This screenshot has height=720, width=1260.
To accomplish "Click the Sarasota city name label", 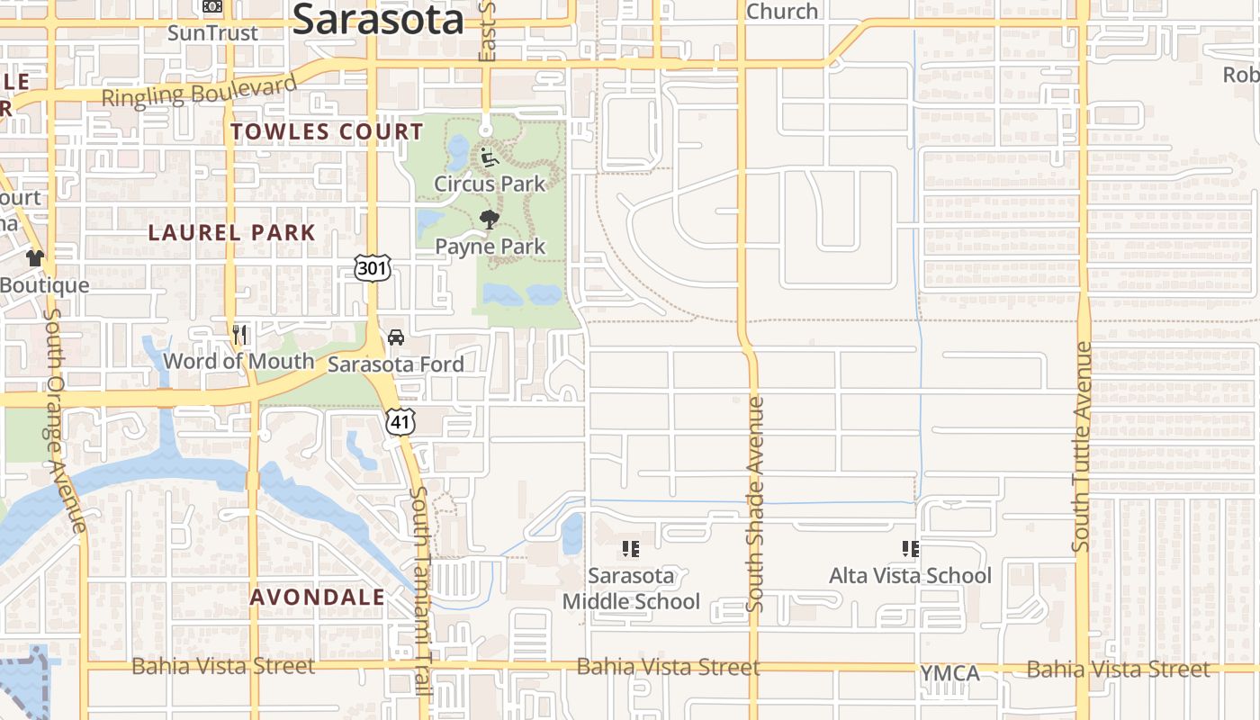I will pyautogui.click(x=378, y=18).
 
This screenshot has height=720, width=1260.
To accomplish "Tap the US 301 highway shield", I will pyautogui.click(x=373, y=267).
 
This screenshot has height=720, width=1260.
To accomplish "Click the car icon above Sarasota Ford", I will pyautogui.click(x=395, y=338).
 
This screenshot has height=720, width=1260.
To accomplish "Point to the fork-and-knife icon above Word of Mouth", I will pyautogui.click(x=239, y=336).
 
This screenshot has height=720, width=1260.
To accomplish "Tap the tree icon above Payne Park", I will pyautogui.click(x=490, y=220).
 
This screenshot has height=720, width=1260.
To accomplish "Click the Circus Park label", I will pyautogui.click(x=490, y=184).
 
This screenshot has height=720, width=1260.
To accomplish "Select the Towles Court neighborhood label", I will pyautogui.click(x=327, y=132).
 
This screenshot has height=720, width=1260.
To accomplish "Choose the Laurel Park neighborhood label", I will pyautogui.click(x=232, y=232).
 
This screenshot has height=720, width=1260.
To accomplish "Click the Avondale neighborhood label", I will pyautogui.click(x=318, y=597).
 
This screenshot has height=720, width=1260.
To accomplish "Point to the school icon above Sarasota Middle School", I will pyautogui.click(x=630, y=548).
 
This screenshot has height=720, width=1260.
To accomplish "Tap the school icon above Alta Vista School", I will pyautogui.click(x=910, y=548).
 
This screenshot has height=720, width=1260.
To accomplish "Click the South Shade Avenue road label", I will pyautogui.click(x=755, y=504).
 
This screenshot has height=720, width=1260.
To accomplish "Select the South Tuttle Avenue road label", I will pyautogui.click(x=1082, y=446).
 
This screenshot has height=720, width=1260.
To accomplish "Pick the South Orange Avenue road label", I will pyautogui.click(x=63, y=418).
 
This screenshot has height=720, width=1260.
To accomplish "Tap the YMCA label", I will pyautogui.click(x=949, y=674).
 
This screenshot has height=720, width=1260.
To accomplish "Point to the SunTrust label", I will pyautogui.click(x=213, y=33).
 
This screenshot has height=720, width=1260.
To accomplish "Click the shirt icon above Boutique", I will pyautogui.click(x=35, y=258).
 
